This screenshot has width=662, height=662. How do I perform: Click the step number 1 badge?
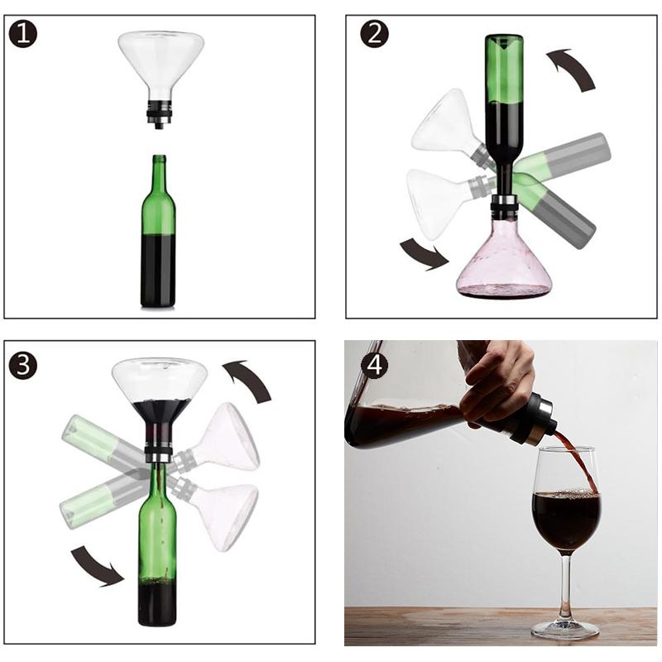click(23, 34)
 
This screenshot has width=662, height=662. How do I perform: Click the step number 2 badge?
click(374, 34)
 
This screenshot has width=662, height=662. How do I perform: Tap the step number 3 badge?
click(23, 365)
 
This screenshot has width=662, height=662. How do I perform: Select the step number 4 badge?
click(374, 365)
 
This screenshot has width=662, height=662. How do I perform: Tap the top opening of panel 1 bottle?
click(159, 157)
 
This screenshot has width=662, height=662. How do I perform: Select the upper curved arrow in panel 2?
click(573, 68)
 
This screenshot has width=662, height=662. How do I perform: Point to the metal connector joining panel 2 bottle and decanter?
click(504, 204)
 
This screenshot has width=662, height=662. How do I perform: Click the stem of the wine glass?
click(565, 588)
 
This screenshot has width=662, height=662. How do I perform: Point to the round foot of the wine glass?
click(565, 630)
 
